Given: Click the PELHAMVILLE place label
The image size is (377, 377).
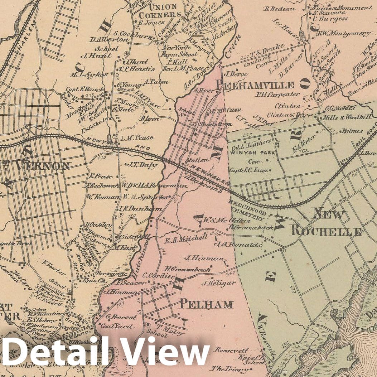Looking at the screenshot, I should click(255, 85).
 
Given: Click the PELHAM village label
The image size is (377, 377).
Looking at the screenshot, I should click(206, 304).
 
